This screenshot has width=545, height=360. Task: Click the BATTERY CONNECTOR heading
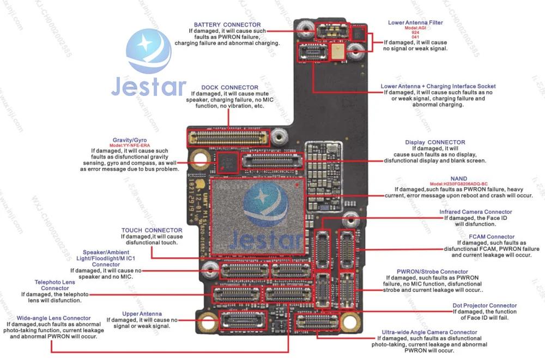click(227, 25)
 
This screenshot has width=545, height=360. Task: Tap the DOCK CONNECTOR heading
click(229, 87)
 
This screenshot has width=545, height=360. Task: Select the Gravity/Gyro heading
click(130, 140)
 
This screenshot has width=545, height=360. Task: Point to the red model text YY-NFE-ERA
click(130, 146)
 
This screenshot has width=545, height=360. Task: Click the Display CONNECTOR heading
click(431, 142)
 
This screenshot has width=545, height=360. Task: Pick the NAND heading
click(458, 179)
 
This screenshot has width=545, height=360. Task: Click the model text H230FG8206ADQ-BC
click(458, 184)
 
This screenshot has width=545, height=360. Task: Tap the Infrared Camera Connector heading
click(476, 212)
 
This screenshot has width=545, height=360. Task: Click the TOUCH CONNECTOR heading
click(152, 231)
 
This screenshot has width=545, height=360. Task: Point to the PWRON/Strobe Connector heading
click(432, 272)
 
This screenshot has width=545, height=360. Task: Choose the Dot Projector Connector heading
click(485, 306)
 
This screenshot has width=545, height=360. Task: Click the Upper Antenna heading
click(142, 314)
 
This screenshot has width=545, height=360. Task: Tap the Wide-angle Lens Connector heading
click(53, 318)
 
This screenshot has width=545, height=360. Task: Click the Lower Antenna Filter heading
click(415, 23)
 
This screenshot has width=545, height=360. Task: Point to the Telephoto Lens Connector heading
click(55, 285)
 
